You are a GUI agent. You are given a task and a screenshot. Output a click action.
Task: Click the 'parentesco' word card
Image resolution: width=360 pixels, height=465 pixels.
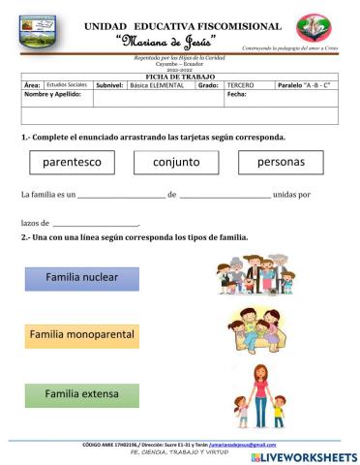[x=73, y=161]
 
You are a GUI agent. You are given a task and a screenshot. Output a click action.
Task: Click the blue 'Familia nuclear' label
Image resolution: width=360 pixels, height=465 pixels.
[x=81, y=278]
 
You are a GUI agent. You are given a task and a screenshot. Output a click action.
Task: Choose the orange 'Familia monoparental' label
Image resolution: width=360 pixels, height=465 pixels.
[x=81, y=335]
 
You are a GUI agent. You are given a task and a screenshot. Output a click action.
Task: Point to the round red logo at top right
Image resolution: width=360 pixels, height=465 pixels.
[x=312, y=28]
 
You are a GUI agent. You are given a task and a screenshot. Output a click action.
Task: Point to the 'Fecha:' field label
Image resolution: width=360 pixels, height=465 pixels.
[x=237, y=94]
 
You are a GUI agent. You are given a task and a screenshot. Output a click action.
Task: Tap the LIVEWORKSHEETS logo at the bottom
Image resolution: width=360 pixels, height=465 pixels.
[x=304, y=455]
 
